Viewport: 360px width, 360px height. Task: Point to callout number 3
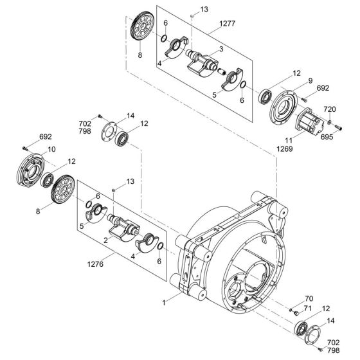click(x=220, y=49)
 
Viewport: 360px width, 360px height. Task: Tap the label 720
click(x=328, y=109)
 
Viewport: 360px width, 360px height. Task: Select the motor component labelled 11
click(x=308, y=121)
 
